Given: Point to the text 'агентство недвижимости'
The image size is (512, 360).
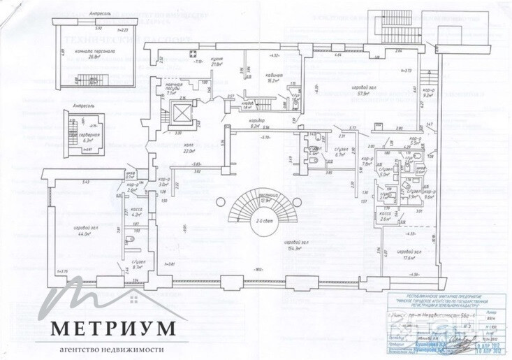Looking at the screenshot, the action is click(x=108, y=350).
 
